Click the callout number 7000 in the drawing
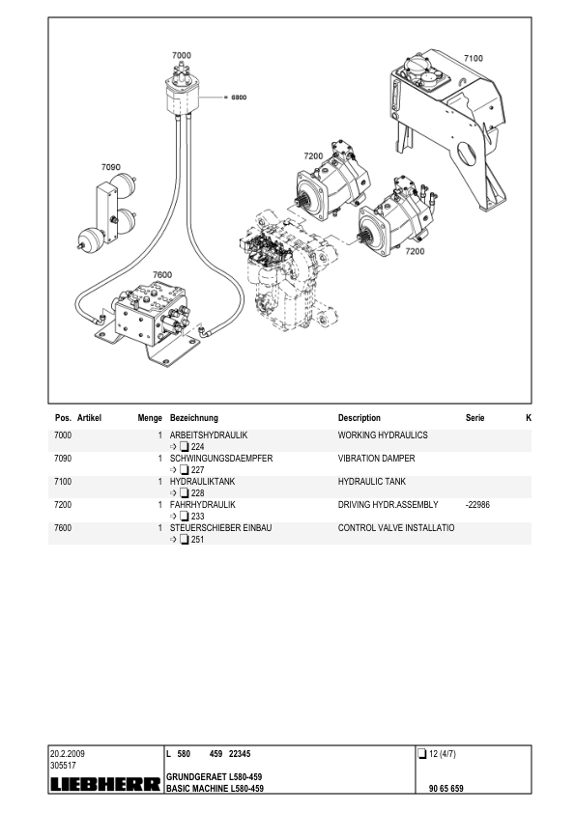(182, 55)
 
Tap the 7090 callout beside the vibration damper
(110, 167)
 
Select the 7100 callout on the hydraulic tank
(474, 58)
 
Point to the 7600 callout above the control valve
(162, 275)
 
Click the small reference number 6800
(239, 98)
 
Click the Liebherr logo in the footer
(105, 784)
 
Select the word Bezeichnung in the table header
(194, 418)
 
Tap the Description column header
(359, 418)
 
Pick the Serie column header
(474, 418)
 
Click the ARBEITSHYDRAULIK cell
(209, 435)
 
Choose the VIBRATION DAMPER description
(376, 459)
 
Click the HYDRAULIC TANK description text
(371, 482)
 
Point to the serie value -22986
(477, 505)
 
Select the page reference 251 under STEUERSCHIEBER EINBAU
(197, 539)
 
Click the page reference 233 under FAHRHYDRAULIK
(197, 517)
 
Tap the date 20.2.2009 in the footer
(68, 754)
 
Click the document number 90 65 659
(446, 789)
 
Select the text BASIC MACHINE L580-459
(215, 789)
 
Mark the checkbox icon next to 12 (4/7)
(422, 754)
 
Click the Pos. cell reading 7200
(63, 505)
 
